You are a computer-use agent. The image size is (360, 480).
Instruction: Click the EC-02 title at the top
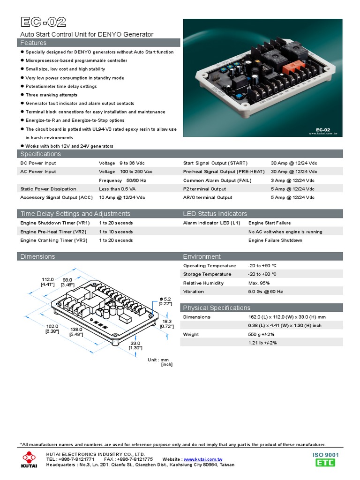pyautogui.click(x=44, y=22)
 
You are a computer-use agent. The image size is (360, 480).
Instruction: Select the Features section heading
pyautogui.click(x=33, y=43)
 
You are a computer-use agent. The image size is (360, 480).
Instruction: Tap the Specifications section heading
pyautogui.click(x=40, y=154)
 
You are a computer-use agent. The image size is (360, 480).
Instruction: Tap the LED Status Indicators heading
pyautogui.click(x=215, y=214)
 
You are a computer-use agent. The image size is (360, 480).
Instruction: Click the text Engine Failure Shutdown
pyautogui.click(x=275, y=240)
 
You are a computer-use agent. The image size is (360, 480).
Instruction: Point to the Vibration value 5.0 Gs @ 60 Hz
pyautogui.click(x=266, y=292)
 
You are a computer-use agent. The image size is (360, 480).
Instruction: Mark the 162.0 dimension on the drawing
pyautogui.click(x=52, y=326)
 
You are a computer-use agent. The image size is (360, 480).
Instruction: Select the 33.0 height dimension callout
pyautogui.click(x=135, y=343)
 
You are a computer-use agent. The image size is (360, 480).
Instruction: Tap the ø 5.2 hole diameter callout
pyautogui.click(x=166, y=299)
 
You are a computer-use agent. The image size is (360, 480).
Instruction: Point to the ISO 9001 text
pyautogui.click(x=325, y=455)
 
